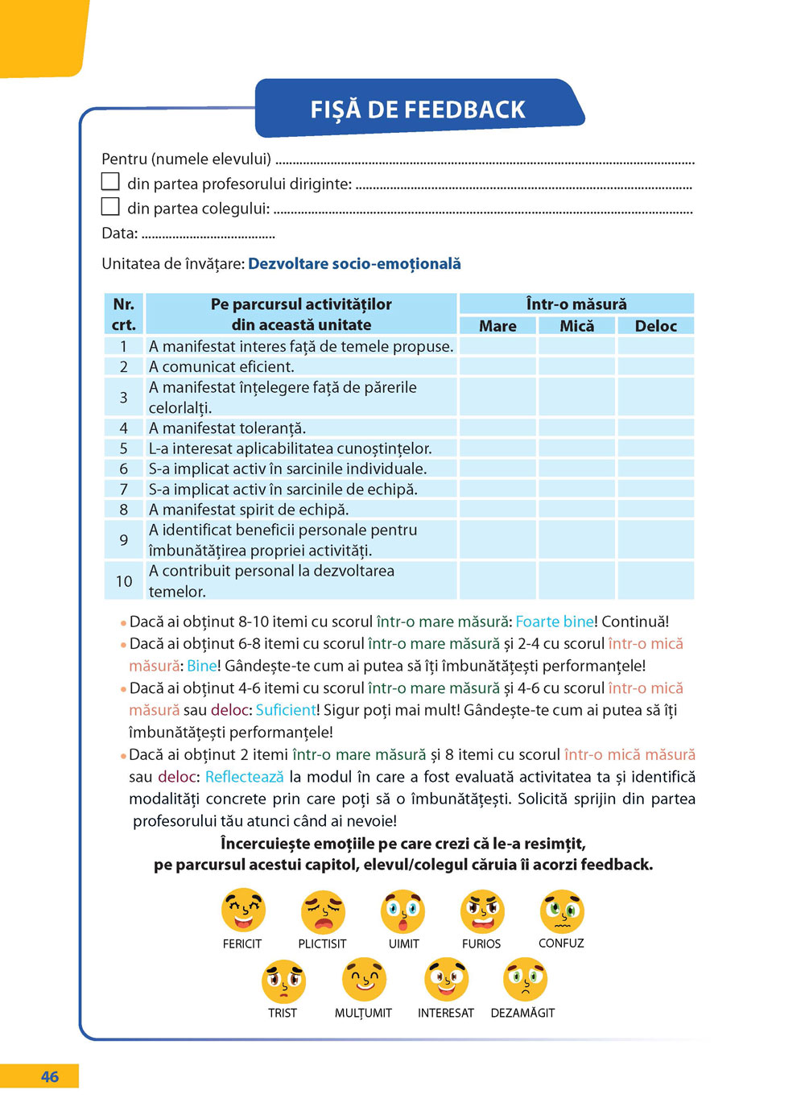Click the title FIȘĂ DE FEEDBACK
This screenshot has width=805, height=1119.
418,109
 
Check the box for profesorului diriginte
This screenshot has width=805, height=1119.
110,182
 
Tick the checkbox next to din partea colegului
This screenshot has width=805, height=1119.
110,207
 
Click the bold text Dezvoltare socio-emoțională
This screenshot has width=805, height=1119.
354,264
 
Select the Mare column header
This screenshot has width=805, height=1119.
497,326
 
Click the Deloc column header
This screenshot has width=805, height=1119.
655,326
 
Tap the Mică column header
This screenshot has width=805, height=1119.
576,326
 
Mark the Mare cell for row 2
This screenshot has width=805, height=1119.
497,367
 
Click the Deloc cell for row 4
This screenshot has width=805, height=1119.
655,428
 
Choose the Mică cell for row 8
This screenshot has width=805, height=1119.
576,510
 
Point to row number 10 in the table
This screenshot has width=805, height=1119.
124,581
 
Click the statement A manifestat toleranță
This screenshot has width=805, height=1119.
228,428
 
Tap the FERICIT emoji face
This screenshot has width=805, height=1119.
243,910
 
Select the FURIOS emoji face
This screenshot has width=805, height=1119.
482,911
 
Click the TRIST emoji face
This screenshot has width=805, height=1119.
283,981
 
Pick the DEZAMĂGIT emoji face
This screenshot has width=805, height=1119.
525,980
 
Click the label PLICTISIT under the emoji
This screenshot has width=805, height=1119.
322,944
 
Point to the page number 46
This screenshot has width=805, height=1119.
50,1077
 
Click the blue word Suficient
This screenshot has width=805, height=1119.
286,710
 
